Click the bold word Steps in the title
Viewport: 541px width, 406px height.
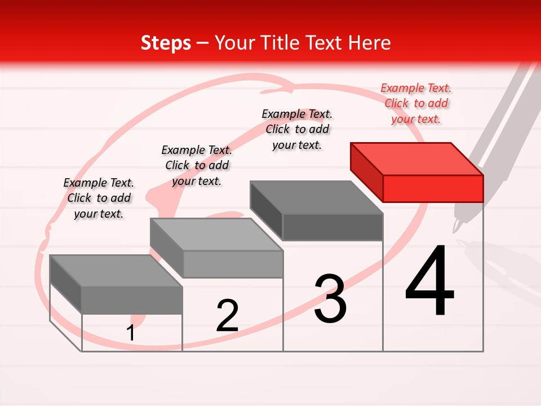pyautogui.click(x=166, y=43)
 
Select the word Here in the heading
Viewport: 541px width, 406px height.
pyautogui.click(x=369, y=43)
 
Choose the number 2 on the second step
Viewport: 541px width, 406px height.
pyautogui.click(x=227, y=316)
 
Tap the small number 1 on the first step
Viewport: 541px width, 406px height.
pyautogui.click(x=131, y=333)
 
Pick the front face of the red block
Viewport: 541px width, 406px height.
pyautogui.click(x=433, y=188)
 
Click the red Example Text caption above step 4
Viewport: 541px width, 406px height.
pyautogui.click(x=416, y=103)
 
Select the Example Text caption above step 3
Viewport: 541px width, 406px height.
pyautogui.click(x=297, y=129)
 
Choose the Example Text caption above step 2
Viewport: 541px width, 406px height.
pyautogui.click(x=197, y=165)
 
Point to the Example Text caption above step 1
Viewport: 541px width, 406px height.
pyautogui.click(x=99, y=198)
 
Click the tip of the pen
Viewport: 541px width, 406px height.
pyautogui.click(x=454, y=231)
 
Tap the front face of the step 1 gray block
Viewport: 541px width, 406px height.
pyautogui.click(x=132, y=300)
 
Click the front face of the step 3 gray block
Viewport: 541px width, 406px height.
pyautogui.click(x=332, y=227)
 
